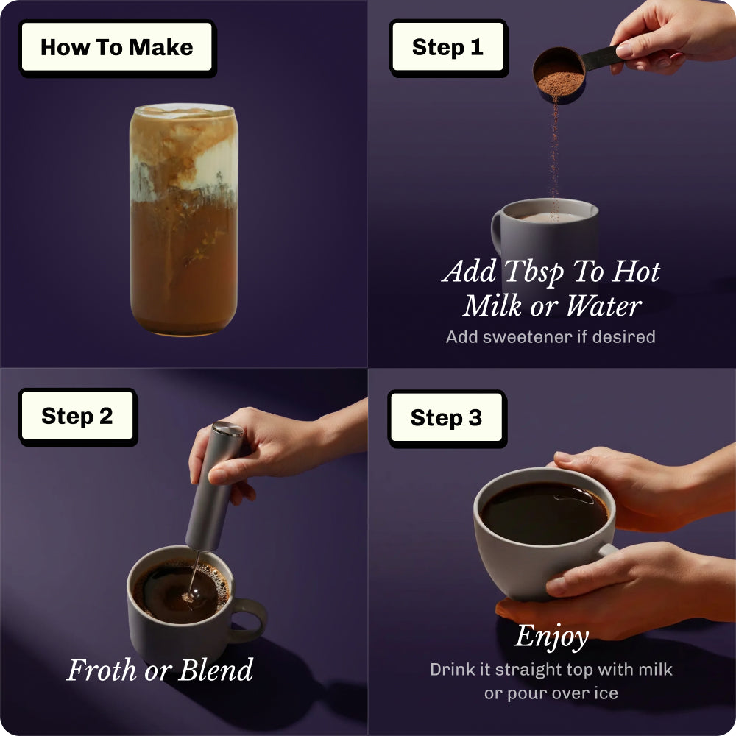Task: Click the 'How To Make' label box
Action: (117, 48)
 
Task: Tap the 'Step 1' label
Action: (448, 48)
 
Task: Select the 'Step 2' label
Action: (78, 417)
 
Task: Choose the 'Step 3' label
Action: (447, 418)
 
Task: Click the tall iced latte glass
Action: (183, 219)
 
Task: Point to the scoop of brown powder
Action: (559, 75)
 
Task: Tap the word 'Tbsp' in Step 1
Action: (534, 272)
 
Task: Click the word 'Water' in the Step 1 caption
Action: (604, 306)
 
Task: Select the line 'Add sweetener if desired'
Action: (550, 337)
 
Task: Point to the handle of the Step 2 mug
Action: (248, 620)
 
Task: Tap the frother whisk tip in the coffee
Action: (188, 597)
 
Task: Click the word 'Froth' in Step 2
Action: (102, 670)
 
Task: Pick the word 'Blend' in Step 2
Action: (216, 670)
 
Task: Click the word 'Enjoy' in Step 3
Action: (551, 637)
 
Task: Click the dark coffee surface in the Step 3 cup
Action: (545, 514)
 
